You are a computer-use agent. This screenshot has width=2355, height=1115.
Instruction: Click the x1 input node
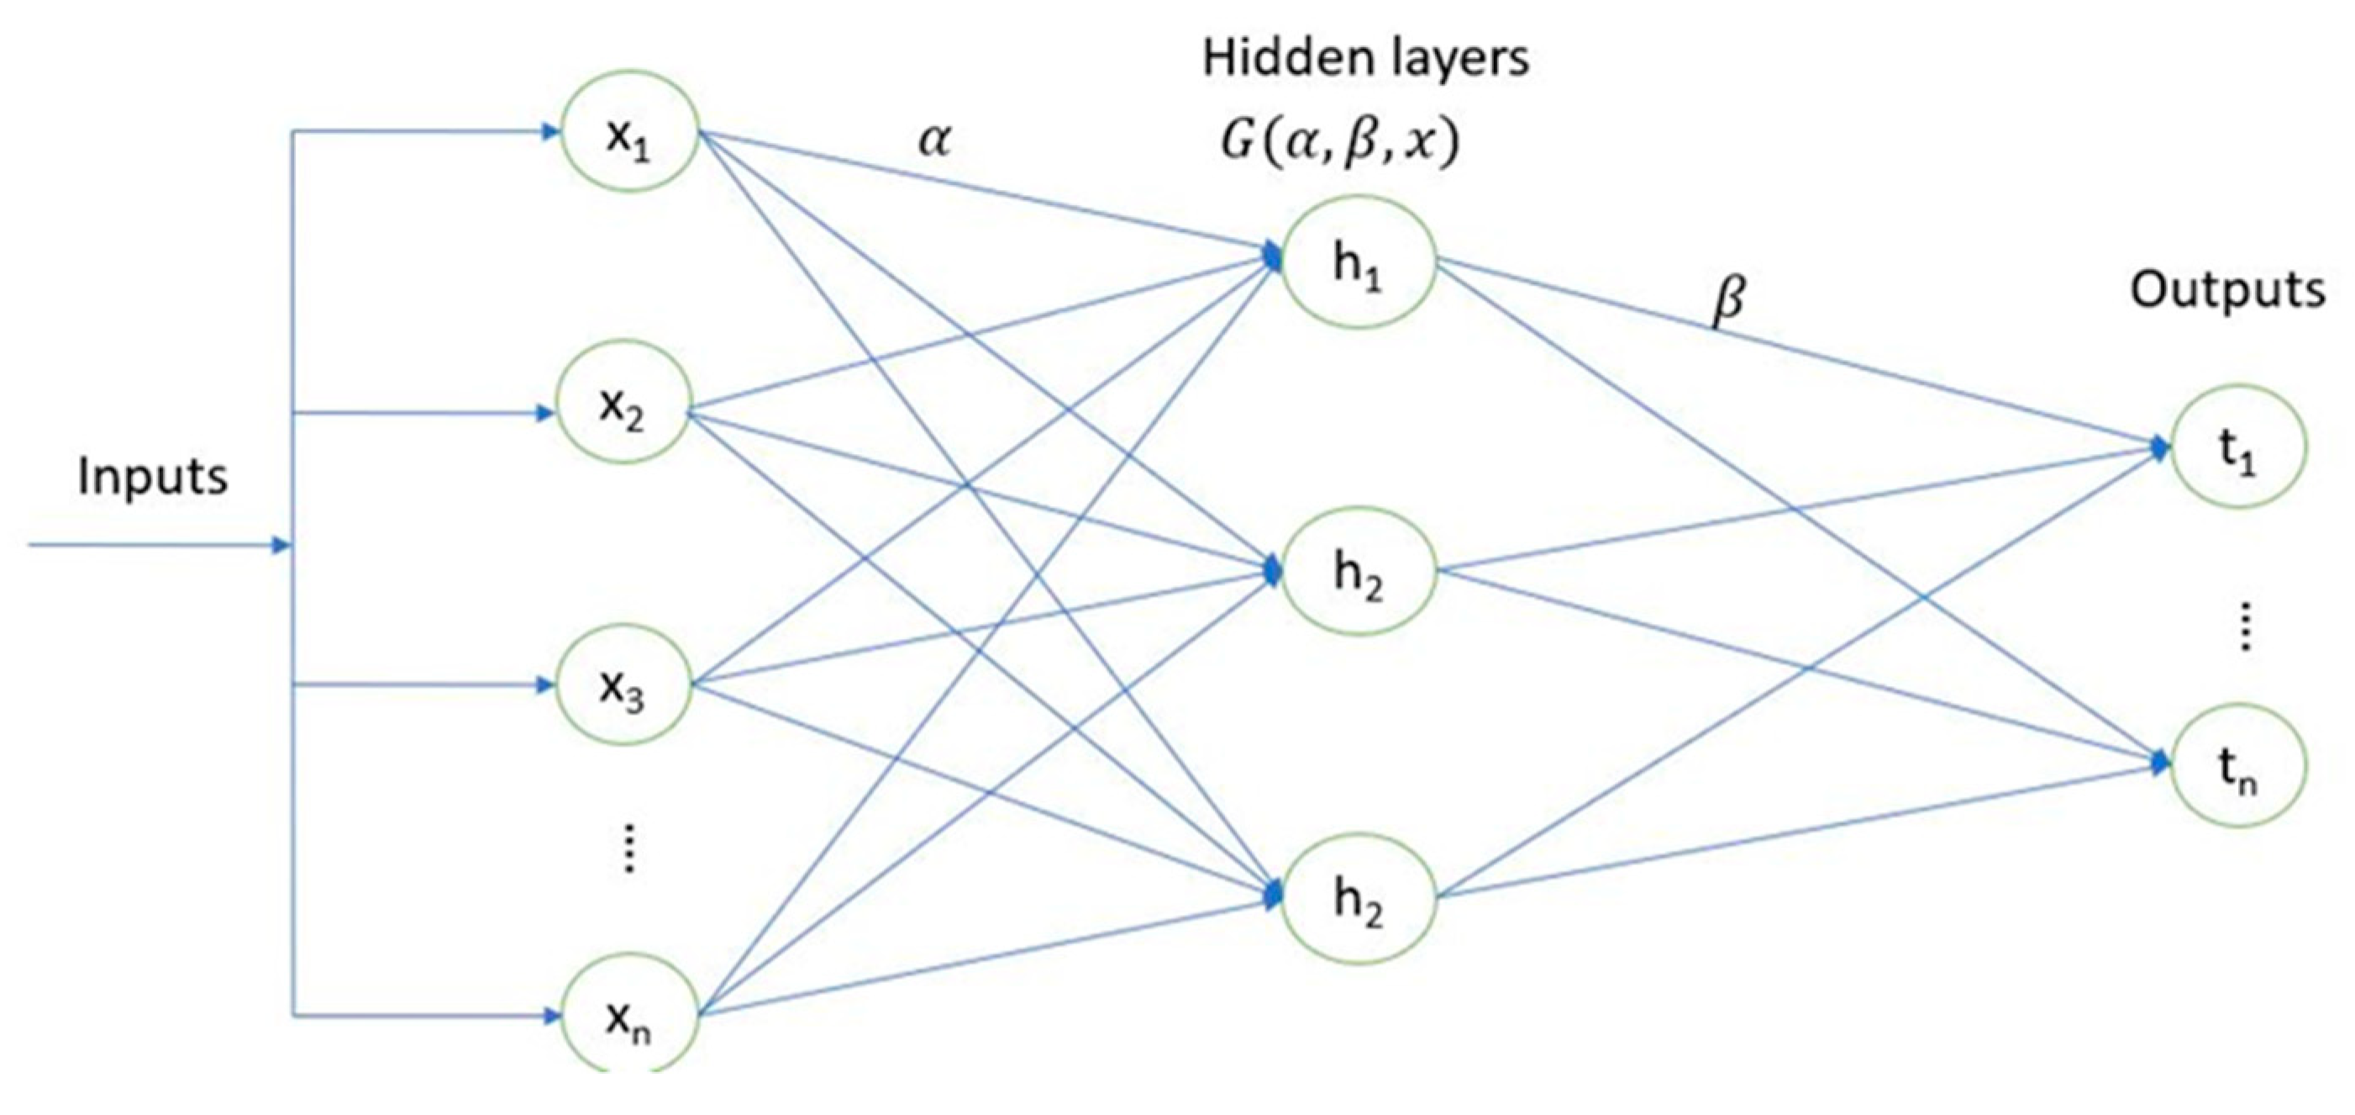(630, 131)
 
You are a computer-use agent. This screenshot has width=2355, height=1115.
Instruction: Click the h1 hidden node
(1359, 262)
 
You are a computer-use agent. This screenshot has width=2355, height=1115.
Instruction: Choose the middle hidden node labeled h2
(1359, 571)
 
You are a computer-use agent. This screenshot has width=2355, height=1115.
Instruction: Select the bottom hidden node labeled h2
(1359, 898)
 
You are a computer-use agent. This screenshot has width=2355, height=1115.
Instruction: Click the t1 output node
(2237, 447)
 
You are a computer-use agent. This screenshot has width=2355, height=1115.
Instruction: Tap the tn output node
(2237, 764)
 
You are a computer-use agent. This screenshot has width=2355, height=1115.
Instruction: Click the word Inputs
(153, 478)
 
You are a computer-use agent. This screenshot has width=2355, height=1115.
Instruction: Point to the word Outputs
(2227, 291)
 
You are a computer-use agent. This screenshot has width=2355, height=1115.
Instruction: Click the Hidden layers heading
(1366, 59)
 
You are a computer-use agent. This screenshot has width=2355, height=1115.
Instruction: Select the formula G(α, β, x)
(1340, 145)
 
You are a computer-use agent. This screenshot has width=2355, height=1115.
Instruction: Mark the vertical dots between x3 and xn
(629, 848)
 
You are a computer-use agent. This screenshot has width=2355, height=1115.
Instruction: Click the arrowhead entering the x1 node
(550, 132)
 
